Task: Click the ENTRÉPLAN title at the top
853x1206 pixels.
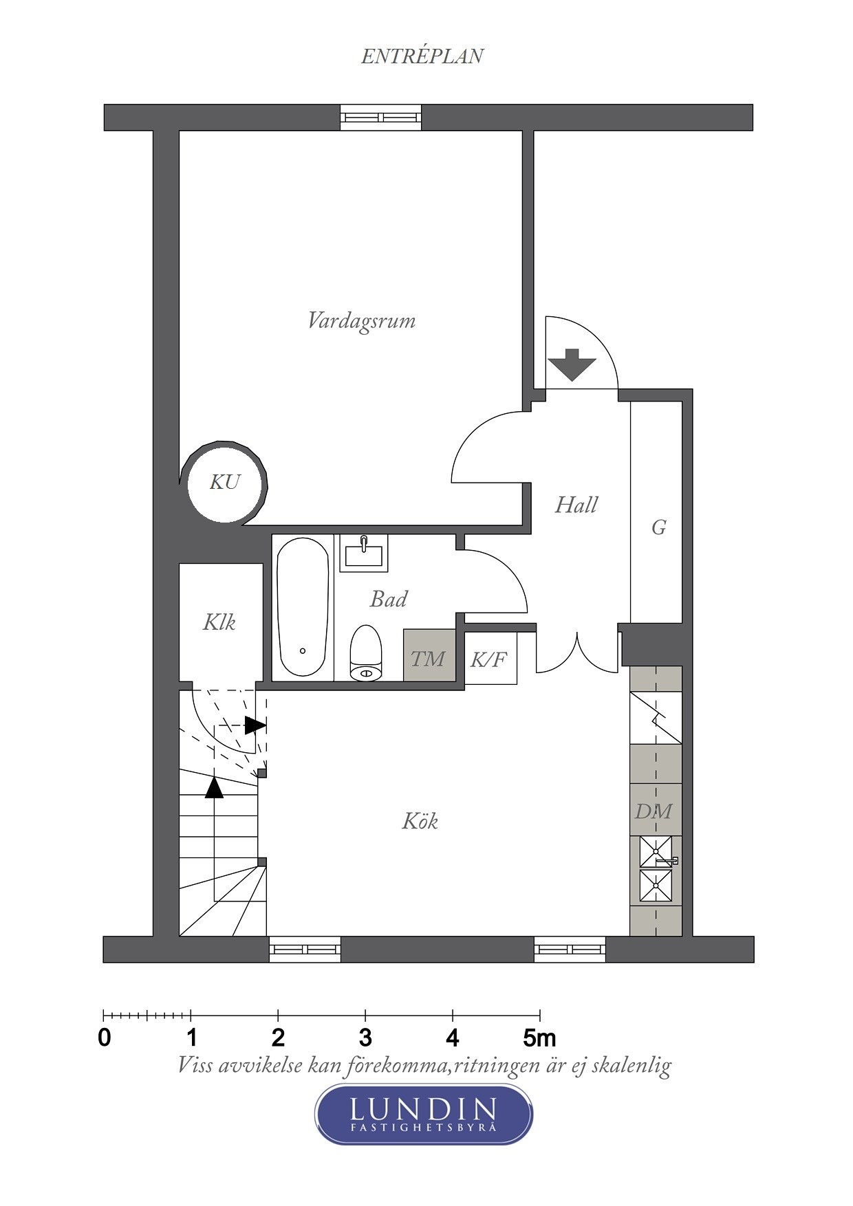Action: [422, 56]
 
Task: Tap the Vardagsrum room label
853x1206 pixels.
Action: [361, 321]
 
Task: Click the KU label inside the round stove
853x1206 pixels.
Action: [225, 482]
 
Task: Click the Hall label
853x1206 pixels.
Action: [576, 505]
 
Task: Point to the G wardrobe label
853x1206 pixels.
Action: [658, 527]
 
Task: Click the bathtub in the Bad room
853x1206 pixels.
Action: [303, 607]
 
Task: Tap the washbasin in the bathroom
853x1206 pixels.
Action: [364, 552]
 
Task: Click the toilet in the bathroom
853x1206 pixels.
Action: [365, 653]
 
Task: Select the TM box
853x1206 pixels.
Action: [429, 657]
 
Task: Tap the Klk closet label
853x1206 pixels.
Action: [219, 622]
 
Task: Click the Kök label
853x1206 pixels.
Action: [420, 821]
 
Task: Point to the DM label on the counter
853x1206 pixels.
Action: [654, 811]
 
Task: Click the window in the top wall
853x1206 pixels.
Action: [380, 118]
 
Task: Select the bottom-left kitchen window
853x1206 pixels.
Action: [304, 950]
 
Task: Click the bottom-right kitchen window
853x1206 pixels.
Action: [570, 950]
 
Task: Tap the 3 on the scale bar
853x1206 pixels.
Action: [365, 1037]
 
